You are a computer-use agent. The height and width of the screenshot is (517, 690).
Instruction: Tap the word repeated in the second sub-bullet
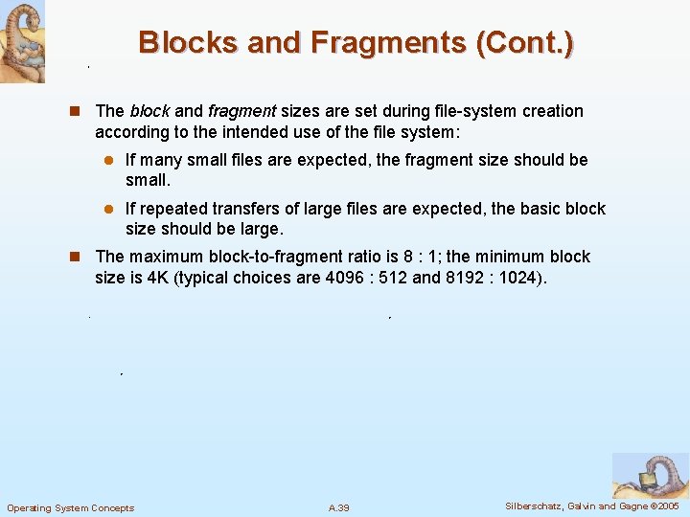tap(172, 209)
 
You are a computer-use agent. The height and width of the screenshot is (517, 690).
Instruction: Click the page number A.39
tap(338, 507)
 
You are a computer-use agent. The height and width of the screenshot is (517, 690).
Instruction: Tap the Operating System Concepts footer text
tap(70, 507)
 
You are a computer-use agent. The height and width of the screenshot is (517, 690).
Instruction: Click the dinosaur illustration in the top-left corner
tap(22, 40)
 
